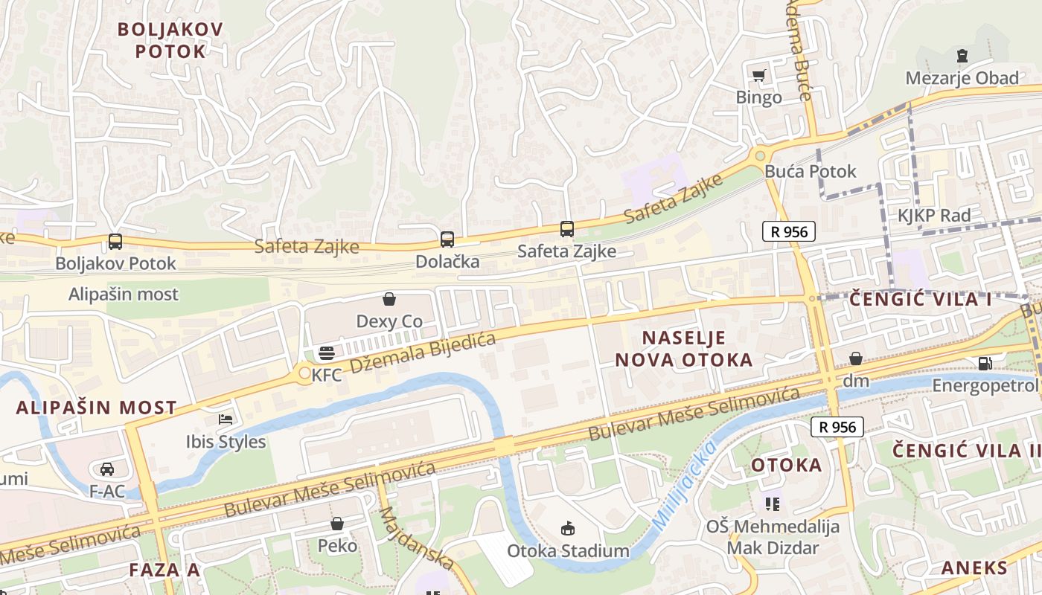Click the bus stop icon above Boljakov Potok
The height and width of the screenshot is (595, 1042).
click(115, 242)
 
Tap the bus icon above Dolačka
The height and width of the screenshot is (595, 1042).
click(447, 239)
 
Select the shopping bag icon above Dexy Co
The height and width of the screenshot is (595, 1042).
click(389, 300)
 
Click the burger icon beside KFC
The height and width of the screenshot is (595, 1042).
click(326, 353)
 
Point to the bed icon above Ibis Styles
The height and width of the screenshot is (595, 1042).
click(226, 420)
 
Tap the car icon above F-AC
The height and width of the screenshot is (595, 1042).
click(107, 469)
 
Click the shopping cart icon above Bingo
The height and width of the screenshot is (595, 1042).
click(758, 75)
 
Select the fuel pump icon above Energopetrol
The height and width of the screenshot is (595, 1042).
click(985, 364)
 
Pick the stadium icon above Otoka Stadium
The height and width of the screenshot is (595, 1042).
click(568, 529)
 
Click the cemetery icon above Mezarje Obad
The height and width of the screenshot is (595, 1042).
click(962, 56)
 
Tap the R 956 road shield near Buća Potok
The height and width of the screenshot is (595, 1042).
click(789, 231)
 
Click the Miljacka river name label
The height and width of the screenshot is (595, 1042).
click(684, 485)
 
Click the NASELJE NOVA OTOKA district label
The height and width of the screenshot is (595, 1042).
click(683, 349)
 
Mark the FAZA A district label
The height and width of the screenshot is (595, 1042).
click(164, 570)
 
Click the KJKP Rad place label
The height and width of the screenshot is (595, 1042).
click(934, 216)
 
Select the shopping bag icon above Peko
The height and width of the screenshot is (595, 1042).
click(337, 524)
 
